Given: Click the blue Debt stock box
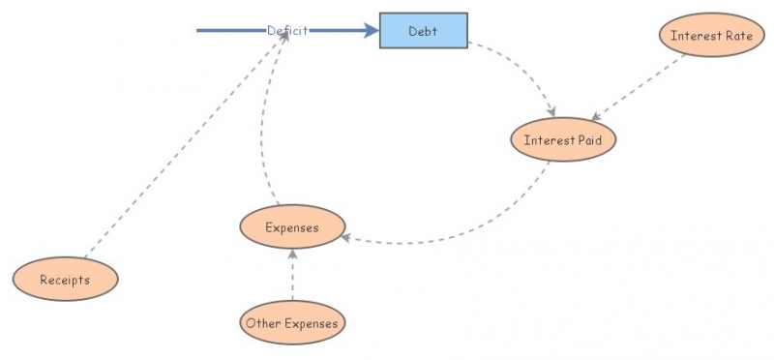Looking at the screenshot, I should pyautogui.click(x=423, y=30).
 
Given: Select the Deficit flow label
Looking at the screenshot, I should pyautogui.click(x=287, y=30).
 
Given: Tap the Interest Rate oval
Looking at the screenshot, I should pyautogui.click(x=711, y=35).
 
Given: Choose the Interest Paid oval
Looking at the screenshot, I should pyautogui.click(x=563, y=140).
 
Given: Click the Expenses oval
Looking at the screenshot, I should pyautogui.click(x=291, y=228).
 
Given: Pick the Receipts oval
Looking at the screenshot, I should pyautogui.click(x=65, y=280).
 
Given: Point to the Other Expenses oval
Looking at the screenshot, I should pyautogui.click(x=292, y=323).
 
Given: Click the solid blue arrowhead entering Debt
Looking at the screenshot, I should pyautogui.click(x=372, y=30).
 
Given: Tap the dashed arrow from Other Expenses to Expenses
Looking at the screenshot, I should pyautogui.click(x=292, y=276).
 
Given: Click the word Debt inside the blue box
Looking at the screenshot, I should pyautogui.click(x=423, y=30).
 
